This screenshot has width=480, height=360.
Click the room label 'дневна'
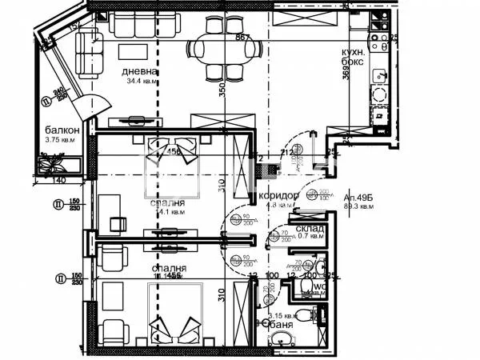(x=139, y=72)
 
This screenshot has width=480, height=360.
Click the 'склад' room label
(x=309, y=229)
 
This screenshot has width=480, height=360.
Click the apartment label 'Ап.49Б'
(x=358, y=197)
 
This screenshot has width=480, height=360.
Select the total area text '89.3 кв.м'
(x=358, y=206)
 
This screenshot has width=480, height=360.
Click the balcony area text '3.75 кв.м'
(x=59, y=141)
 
